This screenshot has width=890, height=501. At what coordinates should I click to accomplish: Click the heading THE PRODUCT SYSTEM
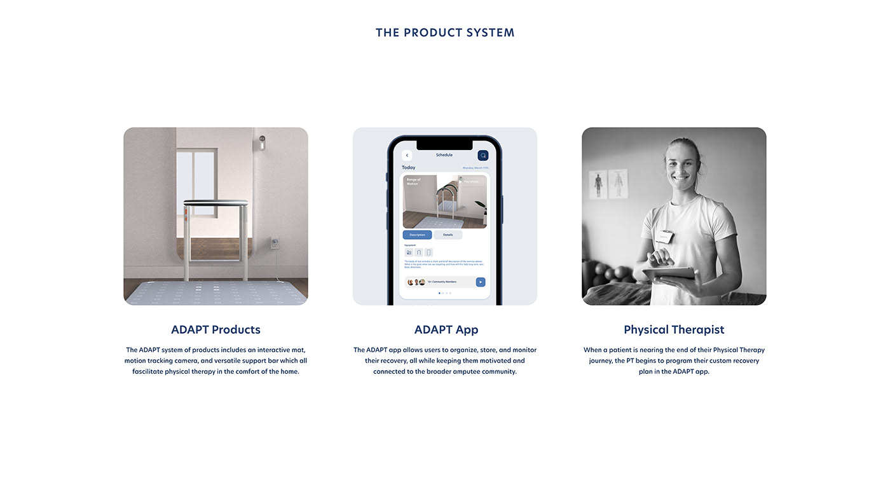445,32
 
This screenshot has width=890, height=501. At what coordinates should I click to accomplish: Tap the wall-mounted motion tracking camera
261,142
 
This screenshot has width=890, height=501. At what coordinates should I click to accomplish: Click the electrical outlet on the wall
275,242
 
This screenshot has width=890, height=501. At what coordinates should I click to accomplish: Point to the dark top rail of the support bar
216,202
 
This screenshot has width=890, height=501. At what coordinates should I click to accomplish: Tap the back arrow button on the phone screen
407,155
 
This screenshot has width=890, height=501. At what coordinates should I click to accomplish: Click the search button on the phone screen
483,155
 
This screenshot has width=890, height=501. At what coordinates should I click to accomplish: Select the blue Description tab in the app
417,235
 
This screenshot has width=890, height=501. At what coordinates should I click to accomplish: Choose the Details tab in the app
448,235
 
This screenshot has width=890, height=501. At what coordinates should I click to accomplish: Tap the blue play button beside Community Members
481,282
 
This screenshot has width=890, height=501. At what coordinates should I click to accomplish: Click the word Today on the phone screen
409,167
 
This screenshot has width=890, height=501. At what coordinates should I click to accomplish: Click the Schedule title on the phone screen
444,155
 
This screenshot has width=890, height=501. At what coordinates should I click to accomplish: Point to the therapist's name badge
664,237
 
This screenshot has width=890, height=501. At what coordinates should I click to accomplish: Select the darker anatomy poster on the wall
598,184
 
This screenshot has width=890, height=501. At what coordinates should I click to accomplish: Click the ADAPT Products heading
216,329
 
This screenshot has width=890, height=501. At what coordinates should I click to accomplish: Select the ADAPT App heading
446,329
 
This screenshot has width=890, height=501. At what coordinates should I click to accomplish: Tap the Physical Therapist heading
674,329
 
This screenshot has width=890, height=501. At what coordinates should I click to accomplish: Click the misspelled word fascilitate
147,371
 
